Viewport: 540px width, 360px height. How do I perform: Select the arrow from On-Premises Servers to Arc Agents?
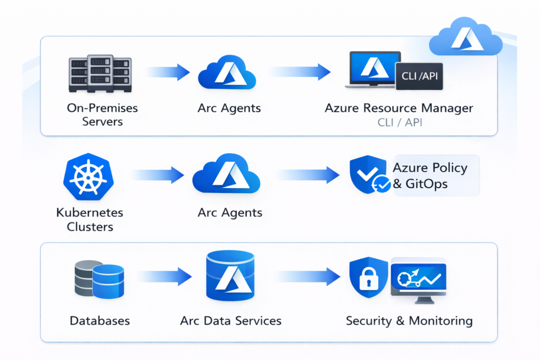pos(168,72)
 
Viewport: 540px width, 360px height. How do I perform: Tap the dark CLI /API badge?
pos(419,76)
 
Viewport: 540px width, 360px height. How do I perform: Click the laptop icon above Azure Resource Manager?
pos(373,69)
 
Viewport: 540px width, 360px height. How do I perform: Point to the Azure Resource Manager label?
pos(399,109)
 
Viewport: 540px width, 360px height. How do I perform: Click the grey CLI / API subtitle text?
pos(399,123)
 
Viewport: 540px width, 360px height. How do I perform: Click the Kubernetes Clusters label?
pos(89,220)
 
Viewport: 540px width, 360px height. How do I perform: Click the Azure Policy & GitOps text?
pos(430,176)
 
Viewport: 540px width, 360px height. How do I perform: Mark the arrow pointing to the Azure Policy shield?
pos(308,175)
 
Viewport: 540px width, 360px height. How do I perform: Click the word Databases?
pos(99,320)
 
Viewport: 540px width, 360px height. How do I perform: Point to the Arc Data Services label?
pos(230,320)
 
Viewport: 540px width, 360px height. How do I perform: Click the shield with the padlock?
pos(367,278)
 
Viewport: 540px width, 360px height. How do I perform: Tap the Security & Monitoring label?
pos(409,320)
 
